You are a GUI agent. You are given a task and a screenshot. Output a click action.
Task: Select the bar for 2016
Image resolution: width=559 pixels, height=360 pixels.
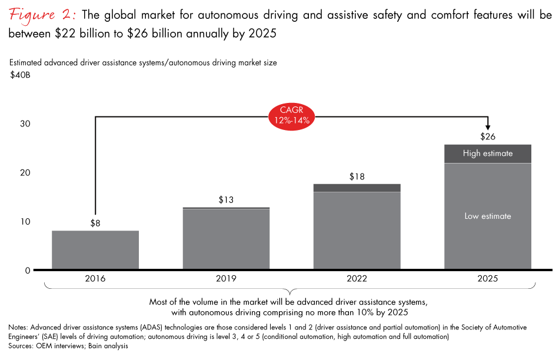[x=95, y=250]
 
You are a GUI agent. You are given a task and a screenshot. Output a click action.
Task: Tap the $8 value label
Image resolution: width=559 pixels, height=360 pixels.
[x=95, y=222]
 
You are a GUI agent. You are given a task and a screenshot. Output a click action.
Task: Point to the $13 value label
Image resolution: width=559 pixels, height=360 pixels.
[x=226, y=199]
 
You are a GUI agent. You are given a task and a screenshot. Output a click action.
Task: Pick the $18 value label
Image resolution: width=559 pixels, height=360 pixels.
[x=357, y=176]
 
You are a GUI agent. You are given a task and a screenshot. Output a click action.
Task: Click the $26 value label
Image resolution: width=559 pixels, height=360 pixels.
[x=488, y=136]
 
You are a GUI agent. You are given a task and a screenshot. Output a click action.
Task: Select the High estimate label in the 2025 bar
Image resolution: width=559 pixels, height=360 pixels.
[x=488, y=154]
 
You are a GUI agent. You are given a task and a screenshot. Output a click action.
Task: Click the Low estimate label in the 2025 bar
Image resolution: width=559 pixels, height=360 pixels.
[x=488, y=216]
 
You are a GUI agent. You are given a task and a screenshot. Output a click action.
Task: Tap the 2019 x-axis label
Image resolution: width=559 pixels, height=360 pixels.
[x=226, y=278]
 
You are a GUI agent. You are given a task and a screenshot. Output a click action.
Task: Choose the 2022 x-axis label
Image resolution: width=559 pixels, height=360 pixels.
[x=357, y=278]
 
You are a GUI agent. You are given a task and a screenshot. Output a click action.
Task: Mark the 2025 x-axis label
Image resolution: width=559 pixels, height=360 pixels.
[x=488, y=278]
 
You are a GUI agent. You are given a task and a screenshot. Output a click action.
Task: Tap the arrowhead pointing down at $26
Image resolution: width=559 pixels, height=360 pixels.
[x=488, y=126]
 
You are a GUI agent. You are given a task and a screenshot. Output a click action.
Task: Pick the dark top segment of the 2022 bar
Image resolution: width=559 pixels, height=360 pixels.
[x=357, y=188]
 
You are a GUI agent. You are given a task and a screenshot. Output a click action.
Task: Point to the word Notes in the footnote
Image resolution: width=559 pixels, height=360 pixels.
[x=20, y=326]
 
